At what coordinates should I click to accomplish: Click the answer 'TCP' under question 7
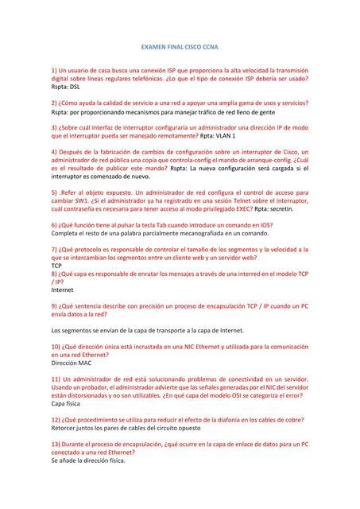pyautogui.click(x=56, y=266)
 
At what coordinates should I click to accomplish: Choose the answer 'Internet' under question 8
pyautogui.click(x=62, y=290)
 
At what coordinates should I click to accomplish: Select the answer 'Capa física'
pyautogui.click(x=68, y=403)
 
